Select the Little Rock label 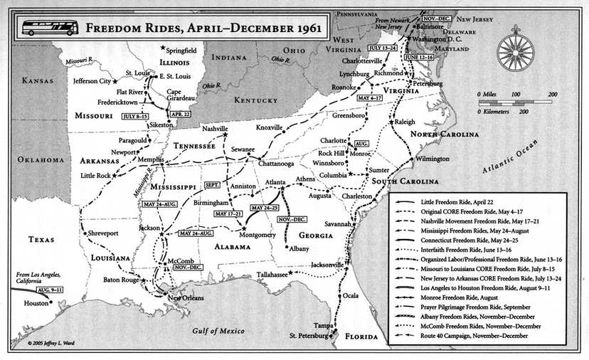96,174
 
